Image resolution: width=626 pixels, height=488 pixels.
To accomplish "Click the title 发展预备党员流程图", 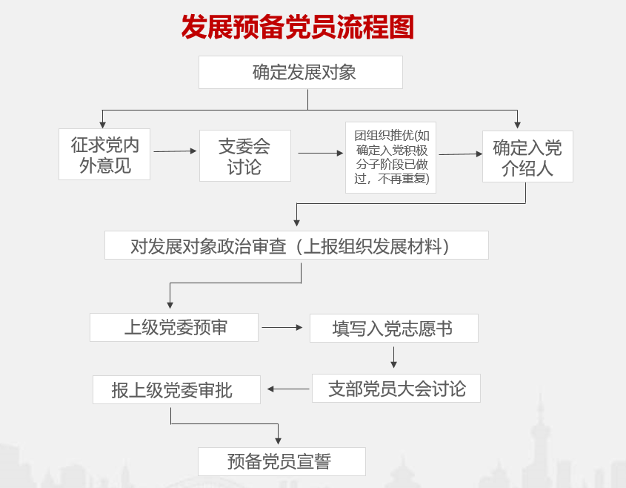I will [x=298, y=27].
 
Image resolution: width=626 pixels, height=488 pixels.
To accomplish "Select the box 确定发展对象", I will [x=300, y=73].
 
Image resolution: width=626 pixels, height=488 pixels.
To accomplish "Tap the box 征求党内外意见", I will [x=104, y=154].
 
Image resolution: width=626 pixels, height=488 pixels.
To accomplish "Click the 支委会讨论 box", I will [x=244, y=156].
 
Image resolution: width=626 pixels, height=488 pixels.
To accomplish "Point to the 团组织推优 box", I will [x=390, y=157].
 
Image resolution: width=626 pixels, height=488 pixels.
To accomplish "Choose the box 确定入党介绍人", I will [x=527, y=157].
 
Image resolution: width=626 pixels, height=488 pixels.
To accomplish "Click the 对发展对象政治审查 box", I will [x=296, y=245].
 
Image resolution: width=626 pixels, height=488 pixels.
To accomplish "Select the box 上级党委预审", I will [x=174, y=328].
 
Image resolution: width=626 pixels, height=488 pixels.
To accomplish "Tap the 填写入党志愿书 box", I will [x=393, y=329].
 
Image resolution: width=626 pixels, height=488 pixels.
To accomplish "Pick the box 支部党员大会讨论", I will [x=396, y=389].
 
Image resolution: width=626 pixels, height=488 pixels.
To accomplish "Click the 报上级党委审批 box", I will [x=176, y=390].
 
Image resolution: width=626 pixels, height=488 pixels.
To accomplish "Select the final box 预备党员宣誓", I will [x=282, y=461].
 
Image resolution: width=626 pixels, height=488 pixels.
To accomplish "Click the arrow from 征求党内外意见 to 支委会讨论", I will [x=175, y=151].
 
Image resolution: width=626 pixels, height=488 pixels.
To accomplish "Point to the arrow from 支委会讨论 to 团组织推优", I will [x=321, y=154].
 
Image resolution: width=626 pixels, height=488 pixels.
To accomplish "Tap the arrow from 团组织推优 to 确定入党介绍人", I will [x=460, y=154].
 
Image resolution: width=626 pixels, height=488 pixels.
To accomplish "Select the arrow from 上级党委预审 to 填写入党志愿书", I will [x=282, y=327].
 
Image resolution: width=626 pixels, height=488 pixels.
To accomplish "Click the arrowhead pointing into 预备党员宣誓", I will [x=279, y=442].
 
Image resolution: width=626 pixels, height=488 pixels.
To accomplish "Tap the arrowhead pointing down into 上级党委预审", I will [x=170, y=305].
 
